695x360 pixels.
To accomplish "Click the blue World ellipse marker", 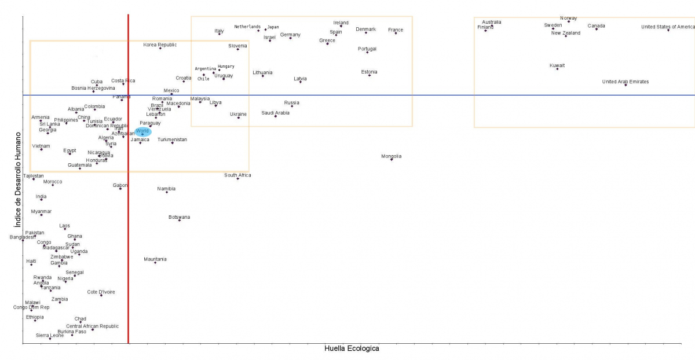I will [x=143, y=132].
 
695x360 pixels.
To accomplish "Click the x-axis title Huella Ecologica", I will [x=352, y=348].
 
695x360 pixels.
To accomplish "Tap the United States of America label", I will [x=668, y=27].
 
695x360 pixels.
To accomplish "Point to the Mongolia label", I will [x=391, y=156].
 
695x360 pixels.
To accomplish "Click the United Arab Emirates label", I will [x=625, y=82].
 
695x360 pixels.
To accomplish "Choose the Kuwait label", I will [x=557, y=65].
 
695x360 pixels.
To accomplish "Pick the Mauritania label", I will [x=155, y=259].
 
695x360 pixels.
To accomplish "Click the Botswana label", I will [x=179, y=217].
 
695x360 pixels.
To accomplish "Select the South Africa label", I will [x=237, y=175].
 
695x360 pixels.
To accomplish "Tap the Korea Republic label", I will [x=160, y=45].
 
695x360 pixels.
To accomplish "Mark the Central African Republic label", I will [x=92, y=326].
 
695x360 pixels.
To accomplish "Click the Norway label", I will [x=569, y=18].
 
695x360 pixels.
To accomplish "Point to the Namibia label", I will [x=166, y=189].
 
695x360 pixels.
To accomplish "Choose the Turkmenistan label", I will [x=172, y=139].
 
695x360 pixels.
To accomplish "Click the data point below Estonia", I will [x=370, y=76].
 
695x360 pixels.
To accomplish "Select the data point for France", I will [x=396, y=34].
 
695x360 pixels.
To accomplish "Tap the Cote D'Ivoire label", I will [x=101, y=292].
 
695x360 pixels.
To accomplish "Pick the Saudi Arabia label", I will [x=275, y=113].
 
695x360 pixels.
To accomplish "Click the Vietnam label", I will [x=41, y=146].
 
